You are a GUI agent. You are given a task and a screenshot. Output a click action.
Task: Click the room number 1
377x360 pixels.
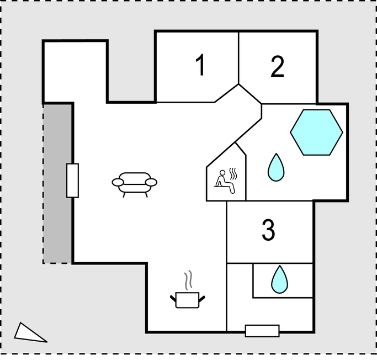pyautogui.click(x=200, y=65)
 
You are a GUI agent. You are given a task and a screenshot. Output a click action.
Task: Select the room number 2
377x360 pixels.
pyautogui.click(x=278, y=67)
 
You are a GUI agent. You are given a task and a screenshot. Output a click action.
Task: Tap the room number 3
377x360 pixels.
pyautogui.click(x=268, y=230)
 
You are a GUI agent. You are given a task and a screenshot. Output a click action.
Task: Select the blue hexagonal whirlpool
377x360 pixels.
pyautogui.click(x=316, y=133)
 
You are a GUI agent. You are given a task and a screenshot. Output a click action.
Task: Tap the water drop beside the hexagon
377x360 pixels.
pyautogui.click(x=276, y=168)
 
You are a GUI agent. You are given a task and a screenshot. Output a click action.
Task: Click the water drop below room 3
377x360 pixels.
pyautogui.click(x=280, y=280)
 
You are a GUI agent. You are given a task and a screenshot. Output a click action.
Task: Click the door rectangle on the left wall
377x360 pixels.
pyautogui.click(x=73, y=181)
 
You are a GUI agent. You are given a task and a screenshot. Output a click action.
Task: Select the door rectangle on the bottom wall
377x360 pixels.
pyautogui.click(x=262, y=331)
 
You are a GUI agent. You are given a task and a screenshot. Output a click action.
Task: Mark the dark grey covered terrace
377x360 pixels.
pyautogui.click(x=57, y=183)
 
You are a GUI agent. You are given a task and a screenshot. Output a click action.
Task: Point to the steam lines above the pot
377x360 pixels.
pyautogui.click(x=188, y=280)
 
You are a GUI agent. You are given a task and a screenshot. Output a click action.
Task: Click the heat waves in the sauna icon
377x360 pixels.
pyautogui.click(x=233, y=173)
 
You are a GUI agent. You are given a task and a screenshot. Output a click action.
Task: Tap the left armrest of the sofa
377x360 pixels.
pyautogui.click(x=118, y=182)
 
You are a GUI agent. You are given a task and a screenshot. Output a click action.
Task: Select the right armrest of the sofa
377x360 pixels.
pyautogui.click(x=151, y=182)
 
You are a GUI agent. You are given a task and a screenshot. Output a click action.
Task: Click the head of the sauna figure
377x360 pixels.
pyautogui.click(x=222, y=173)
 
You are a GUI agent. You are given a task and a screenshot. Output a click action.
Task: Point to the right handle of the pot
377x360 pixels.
pyautogui.click(x=202, y=299)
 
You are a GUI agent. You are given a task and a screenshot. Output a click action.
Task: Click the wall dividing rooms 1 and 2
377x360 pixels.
pyautogui.click(x=239, y=58)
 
